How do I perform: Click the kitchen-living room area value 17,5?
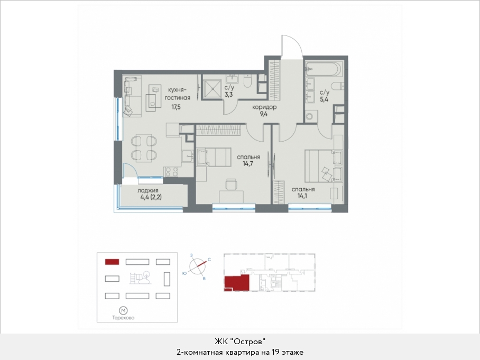(176, 107)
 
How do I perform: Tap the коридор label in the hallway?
(264, 107)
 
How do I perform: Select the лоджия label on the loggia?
(148, 190)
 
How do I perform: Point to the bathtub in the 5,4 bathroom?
(324, 69)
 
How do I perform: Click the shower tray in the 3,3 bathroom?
(211, 89)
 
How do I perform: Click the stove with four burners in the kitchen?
(172, 171)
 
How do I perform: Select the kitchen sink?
(187, 156)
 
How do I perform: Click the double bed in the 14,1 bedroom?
(324, 166)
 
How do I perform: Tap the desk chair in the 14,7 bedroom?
(232, 185)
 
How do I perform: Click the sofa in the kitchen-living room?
(132, 96)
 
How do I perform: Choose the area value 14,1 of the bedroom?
(302, 196)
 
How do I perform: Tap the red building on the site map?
(112, 262)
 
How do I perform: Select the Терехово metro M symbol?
(123, 311)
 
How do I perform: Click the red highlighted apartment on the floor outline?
(237, 282)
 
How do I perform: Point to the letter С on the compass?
(209, 260)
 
